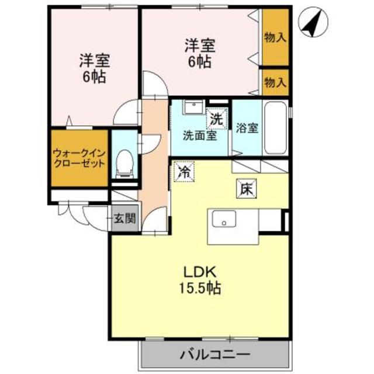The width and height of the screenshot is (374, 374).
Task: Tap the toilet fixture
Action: tap(124, 164)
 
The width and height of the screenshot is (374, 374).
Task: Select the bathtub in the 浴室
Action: tap(275, 128)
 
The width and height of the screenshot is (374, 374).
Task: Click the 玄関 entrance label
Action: tap(124, 218)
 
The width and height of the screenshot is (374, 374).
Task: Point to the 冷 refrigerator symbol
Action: tap(184, 171)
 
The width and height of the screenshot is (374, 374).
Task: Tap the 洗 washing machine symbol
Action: tap(217, 119)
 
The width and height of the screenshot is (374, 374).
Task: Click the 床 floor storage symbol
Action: tap(247, 189)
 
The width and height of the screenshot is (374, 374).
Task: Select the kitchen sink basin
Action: tap(224, 219)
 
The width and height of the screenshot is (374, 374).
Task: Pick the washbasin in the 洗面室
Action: tap(193, 106)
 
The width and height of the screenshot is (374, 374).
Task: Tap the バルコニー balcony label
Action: tap(215, 355)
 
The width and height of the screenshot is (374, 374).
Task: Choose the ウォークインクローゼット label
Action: tap(79, 158)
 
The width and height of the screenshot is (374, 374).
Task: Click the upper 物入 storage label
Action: tap(275, 37)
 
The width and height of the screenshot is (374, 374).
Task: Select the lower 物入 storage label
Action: tap(275, 82)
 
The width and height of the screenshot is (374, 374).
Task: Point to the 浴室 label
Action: tap(247, 128)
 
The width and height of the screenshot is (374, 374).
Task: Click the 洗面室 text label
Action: tap(200, 136)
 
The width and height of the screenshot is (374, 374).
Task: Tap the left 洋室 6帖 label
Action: tap(94, 68)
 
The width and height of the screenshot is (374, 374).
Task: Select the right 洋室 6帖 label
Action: tap(200, 53)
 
